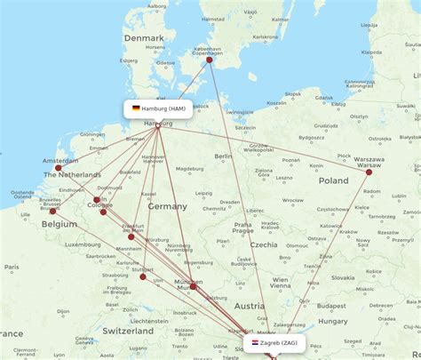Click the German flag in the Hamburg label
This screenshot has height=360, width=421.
136,108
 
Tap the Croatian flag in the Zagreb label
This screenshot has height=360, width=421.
256,342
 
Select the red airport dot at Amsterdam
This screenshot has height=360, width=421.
59,167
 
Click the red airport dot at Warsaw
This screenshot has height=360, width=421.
369,172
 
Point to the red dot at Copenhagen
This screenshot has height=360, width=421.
210,60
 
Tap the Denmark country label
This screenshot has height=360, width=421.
143,38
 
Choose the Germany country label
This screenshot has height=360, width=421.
167,205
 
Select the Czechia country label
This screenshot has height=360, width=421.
264,244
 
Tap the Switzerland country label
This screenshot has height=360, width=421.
128,330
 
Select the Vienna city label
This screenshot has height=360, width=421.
281,285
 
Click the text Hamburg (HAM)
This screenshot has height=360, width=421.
164,108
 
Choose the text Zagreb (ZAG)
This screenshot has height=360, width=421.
279,342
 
